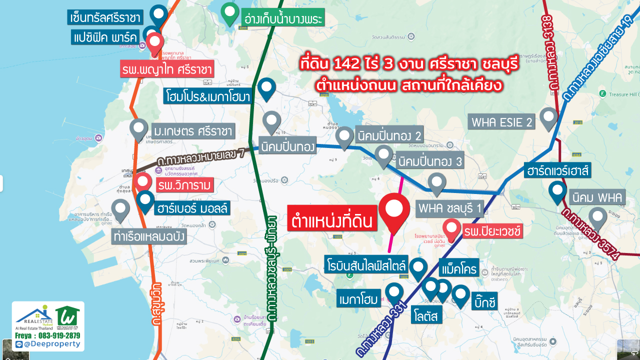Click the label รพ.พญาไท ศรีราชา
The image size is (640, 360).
coord(167,69)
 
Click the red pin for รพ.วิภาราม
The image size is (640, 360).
coord(142,182)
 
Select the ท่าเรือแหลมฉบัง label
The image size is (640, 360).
coord(149,236)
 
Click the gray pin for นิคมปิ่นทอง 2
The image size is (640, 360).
coord(344,136)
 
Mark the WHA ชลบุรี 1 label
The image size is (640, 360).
coord(450,208)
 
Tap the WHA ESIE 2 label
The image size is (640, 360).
coord(501,121)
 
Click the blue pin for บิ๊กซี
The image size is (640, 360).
coord(460,294)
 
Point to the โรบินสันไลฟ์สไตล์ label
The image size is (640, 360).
coord(366,264)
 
